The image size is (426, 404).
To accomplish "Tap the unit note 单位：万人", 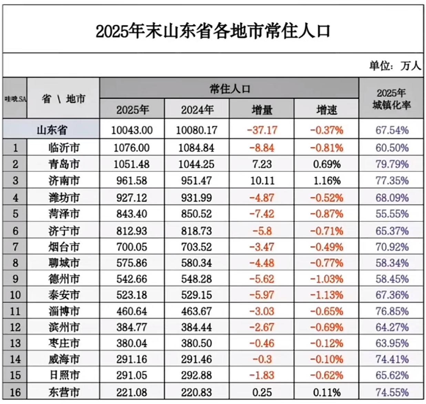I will [x=395, y=65].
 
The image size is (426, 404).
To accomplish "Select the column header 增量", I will [x=262, y=110].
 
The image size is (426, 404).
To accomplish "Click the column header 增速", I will [x=326, y=110].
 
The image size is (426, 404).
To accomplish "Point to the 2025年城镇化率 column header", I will [x=392, y=99].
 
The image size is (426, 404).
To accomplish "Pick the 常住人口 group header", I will [x=229, y=89].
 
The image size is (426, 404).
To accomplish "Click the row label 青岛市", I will [x=64, y=164].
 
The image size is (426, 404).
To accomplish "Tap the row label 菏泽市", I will [x=64, y=214].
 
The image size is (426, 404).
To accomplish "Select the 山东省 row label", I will [x=52, y=130].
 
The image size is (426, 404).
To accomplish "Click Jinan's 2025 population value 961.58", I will [x=132, y=181].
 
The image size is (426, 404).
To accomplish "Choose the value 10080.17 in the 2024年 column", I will [x=197, y=130].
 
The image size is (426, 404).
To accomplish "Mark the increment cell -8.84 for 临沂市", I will [x=262, y=148].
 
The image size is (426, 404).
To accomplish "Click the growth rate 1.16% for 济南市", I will [x=326, y=181].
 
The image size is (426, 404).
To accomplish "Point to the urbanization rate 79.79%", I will [x=392, y=164].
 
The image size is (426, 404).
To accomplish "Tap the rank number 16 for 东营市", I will [x=15, y=392].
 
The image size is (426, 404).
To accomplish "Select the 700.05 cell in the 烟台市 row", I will [x=132, y=247].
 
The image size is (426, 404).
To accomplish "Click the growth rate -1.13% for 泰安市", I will [x=326, y=295].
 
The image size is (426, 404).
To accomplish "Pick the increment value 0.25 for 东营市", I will [x=262, y=392].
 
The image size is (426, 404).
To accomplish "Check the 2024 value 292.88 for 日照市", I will [x=197, y=375].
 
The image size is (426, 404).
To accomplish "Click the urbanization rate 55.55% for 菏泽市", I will [x=392, y=214].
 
